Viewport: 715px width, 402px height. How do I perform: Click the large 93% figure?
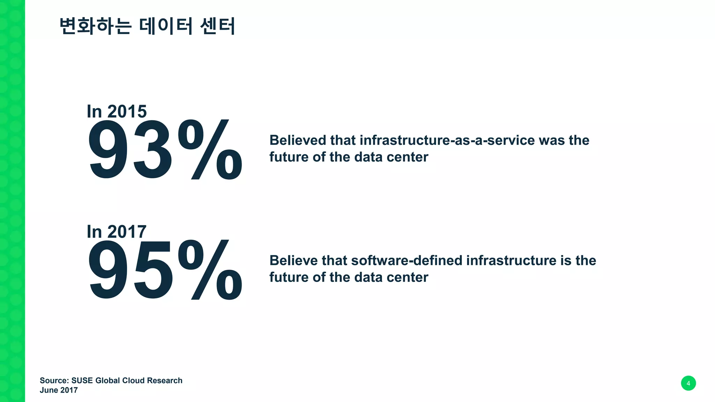(165, 150)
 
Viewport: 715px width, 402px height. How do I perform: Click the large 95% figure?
(165, 270)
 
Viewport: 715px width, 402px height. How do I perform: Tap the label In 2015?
(117, 112)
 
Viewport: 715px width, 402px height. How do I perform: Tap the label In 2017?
(117, 232)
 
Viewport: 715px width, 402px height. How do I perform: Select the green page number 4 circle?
(688, 383)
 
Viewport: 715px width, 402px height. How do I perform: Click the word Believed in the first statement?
(297, 140)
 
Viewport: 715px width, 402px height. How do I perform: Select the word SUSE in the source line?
(82, 380)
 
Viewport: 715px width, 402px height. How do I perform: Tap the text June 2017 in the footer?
(59, 390)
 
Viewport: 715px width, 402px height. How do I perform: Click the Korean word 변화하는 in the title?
(95, 26)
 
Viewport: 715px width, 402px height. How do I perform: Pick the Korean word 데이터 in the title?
(166, 26)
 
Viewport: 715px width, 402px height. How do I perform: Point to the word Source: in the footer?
(54, 380)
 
